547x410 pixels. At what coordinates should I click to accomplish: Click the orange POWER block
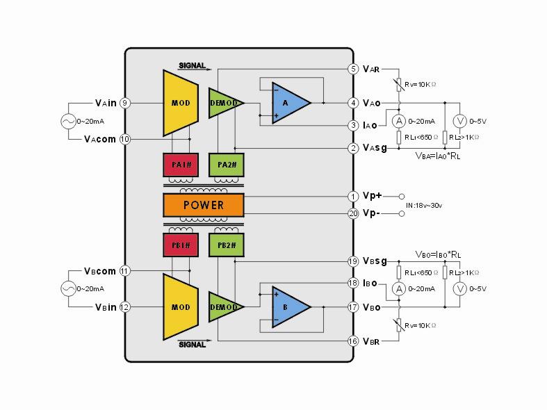click(x=203, y=205)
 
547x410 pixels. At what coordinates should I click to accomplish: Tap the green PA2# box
click(x=227, y=165)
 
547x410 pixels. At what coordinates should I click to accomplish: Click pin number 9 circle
click(x=125, y=103)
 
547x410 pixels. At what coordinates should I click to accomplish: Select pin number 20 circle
click(x=353, y=213)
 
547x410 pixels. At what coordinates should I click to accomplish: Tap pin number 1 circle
click(x=353, y=197)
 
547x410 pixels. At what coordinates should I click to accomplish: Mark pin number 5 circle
click(x=353, y=69)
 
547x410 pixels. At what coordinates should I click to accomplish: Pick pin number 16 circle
click(x=353, y=341)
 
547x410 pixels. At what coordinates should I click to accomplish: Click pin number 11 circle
click(x=125, y=271)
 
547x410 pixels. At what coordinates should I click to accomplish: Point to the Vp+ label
click(x=373, y=197)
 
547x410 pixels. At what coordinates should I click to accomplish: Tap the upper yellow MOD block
click(x=180, y=103)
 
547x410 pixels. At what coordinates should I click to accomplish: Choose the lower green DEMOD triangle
click(x=224, y=306)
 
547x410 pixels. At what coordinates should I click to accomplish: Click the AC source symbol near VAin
click(x=70, y=121)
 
